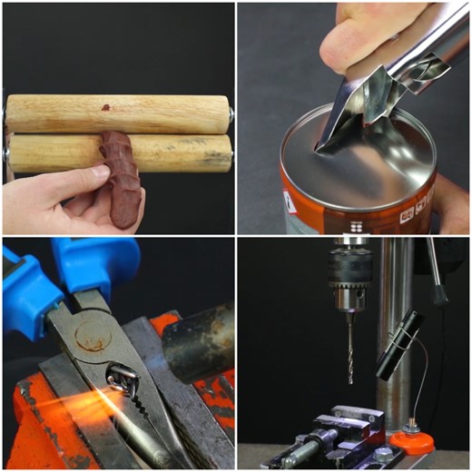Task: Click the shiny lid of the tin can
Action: [363, 163]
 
